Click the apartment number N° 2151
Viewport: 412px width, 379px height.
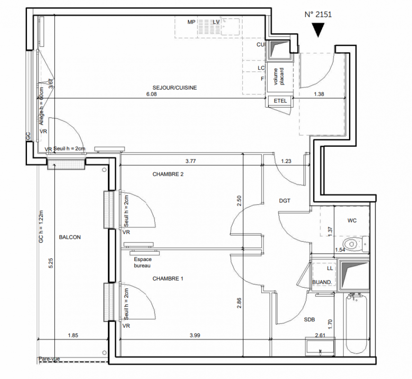coord(318,15)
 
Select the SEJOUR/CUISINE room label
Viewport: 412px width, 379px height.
coord(175,88)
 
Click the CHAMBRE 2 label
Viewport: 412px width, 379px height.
coord(168,174)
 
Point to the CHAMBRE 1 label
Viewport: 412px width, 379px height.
coord(168,279)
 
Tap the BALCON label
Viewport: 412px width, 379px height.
coord(70,237)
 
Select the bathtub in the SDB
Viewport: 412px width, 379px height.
coord(357,324)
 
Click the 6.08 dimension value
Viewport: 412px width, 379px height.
coord(152,94)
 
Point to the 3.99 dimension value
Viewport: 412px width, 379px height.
coord(195,335)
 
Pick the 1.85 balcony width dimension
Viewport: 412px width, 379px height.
coord(73,335)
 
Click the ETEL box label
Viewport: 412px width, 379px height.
coord(280,101)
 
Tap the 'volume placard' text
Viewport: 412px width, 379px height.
coord(278,76)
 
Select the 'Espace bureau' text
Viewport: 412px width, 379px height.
coord(143,262)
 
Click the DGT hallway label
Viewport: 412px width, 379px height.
coord(285,201)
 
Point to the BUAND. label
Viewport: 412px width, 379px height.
coord(322,282)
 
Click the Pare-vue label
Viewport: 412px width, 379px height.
coord(49,359)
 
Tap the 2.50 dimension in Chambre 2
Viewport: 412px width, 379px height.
coord(239,201)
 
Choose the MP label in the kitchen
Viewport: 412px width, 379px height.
coord(191,22)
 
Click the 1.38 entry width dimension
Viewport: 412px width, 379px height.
coord(319,94)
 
